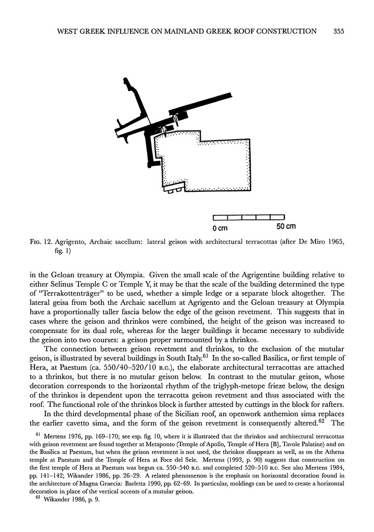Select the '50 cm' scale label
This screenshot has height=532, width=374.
pos(285,226)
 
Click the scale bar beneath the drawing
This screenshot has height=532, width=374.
pos(249,217)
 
